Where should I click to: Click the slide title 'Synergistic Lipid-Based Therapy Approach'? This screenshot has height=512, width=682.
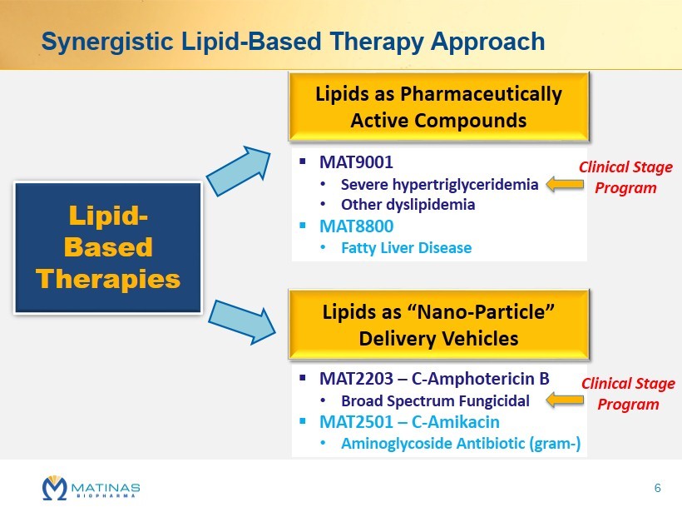coord(293,42)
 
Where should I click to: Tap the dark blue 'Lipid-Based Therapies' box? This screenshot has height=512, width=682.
coord(108,247)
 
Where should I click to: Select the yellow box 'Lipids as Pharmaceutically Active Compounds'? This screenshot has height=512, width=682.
coord(438,107)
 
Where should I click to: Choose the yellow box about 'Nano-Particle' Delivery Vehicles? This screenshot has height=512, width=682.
coord(438,325)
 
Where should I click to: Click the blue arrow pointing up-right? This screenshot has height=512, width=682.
coord(239,171)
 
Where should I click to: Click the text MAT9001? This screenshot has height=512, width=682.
coord(356,162)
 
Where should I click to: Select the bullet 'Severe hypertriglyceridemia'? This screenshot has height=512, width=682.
coord(439,185)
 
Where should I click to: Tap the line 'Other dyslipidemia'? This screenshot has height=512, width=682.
coord(408,205)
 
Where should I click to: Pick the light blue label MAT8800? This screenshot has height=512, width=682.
coord(356,226)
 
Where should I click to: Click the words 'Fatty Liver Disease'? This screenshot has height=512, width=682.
coord(406,248)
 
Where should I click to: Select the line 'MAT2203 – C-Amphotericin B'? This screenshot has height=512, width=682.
coord(434,379)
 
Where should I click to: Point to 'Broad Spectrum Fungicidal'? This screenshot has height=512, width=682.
coord(435,401)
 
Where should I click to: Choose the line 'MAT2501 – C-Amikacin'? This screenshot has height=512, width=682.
coord(409,422)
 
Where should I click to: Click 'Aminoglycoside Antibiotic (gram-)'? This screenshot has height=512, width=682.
coord(461,444)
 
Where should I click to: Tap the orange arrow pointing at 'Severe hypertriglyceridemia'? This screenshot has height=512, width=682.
coord(565,184)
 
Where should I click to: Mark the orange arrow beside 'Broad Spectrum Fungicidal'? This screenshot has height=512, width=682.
coord(565,400)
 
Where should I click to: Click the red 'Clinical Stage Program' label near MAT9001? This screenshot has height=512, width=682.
coord(625,177)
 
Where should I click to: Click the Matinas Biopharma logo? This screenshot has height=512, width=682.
coord(91,488)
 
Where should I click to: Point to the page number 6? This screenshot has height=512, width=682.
coord(657,488)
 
